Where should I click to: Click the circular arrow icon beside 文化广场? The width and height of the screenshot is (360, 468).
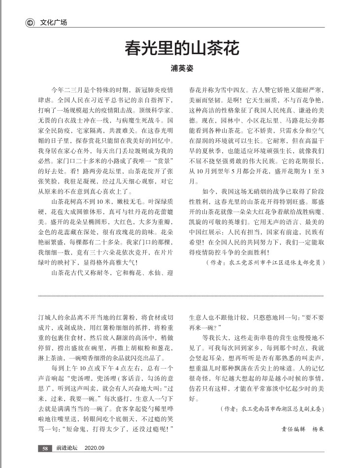click(30, 22)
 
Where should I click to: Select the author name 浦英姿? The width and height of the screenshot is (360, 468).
click(181, 68)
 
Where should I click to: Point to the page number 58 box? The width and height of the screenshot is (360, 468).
click(44, 448)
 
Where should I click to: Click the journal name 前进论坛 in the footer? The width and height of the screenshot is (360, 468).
click(66, 448)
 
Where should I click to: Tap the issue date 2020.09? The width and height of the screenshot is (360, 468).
click(95, 448)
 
